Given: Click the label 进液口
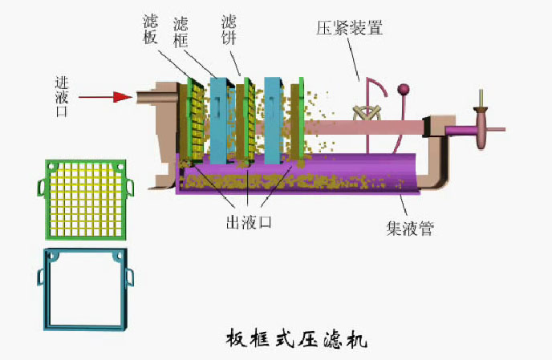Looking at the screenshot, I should point(62,96).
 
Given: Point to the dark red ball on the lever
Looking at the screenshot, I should point(404,90).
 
